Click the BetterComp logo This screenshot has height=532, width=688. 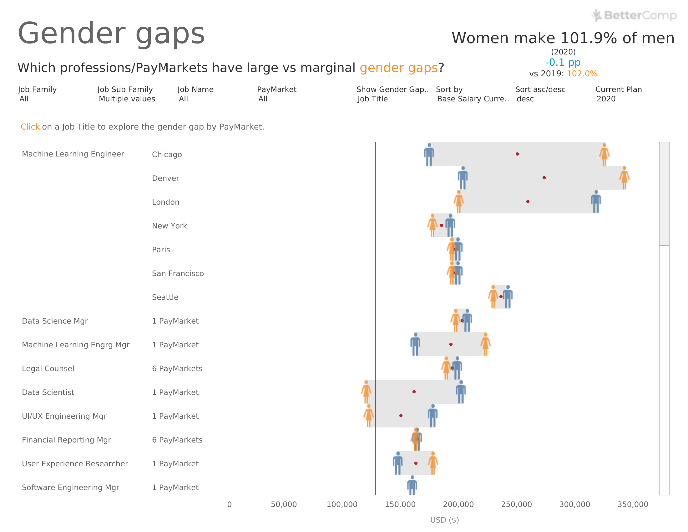[x=634, y=15]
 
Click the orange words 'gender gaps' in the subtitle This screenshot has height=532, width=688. [x=398, y=68]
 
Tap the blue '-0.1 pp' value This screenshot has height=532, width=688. [x=563, y=62]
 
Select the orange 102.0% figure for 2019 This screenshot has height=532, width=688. [x=582, y=74]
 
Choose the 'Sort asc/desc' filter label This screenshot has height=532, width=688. [x=540, y=90]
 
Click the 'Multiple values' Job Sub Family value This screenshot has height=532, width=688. [x=127, y=99]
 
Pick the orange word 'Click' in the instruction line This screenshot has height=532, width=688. [x=30, y=127]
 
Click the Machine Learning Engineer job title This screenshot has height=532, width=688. [x=73, y=154]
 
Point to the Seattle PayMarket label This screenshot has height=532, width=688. [x=165, y=297]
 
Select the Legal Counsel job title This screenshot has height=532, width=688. [x=48, y=368]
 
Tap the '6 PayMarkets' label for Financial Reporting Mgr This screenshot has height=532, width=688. [x=177, y=440]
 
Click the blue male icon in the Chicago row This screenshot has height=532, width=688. [x=429, y=154]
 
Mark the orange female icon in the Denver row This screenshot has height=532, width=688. [x=625, y=178]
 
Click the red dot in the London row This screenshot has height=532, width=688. [x=528, y=202]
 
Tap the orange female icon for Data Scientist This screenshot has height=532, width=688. [x=366, y=392]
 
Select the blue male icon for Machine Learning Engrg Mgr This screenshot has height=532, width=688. [x=416, y=345]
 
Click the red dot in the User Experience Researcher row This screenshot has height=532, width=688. [x=416, y=463]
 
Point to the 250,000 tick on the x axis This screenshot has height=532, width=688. [x=516, y=504]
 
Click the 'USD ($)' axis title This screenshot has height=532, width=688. [x=444, y=520]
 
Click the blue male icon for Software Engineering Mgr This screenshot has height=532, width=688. [x=412, y=486]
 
